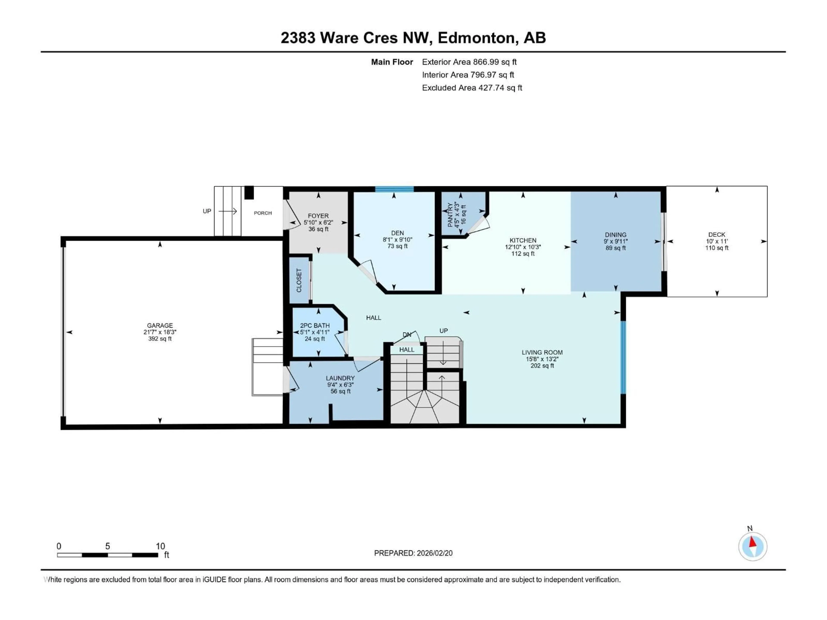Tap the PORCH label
[x=263, y=213]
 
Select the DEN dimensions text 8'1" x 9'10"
[x=397, y=240]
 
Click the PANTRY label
[x=450, y=215]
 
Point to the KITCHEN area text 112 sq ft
[x=523, y=254]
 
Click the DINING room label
[x=615, y=235]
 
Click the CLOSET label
[x=299, y=280]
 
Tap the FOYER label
[x=318, y=216]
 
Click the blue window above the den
[x=394, y=189]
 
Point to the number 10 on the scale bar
[x=160, y=546]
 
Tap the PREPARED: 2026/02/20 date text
[x=413, y=553]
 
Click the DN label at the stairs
[x=407, y=335]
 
